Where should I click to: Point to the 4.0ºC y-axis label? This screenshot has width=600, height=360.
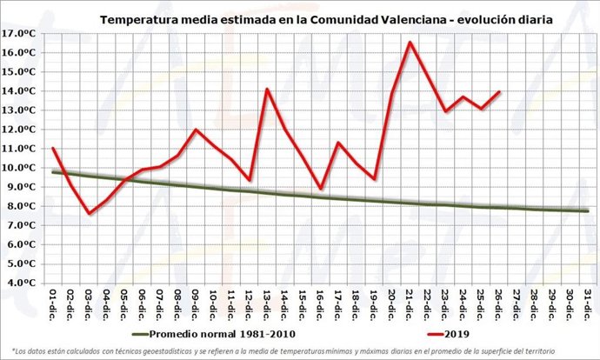pyautogui.click(x=19, y=283)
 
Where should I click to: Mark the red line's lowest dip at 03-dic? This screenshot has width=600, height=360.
pyautogui.click(x=89, y=213)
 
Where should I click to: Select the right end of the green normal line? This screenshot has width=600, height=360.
pyautogui.click(x=589, y=210)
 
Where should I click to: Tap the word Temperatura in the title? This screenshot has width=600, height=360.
pyautogui.click(x=140, y=17)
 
